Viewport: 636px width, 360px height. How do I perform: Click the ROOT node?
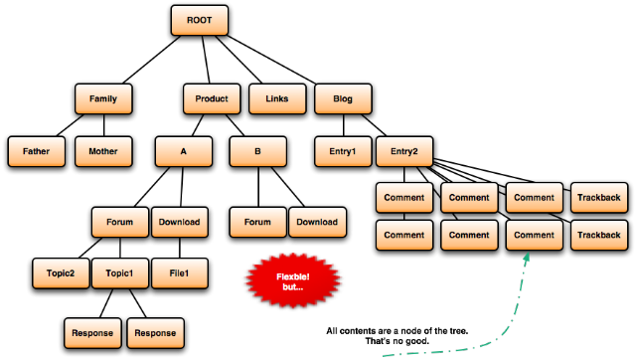coord(199,20)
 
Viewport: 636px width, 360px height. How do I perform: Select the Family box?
coord(103,98)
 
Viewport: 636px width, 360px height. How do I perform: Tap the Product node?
coord(212,98)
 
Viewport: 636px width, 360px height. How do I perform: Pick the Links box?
coord(277,98)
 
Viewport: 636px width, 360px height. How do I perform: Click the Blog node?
coord(343,98)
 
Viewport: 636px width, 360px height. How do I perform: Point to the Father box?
coord(37,151)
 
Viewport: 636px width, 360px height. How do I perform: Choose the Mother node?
coord(103,151)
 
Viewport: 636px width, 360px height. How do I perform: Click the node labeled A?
coord(183,151)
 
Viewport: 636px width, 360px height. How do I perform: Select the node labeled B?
coord(258,151)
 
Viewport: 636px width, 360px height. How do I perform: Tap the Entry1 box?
coord(343,151)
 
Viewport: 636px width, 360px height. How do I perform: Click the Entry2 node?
coord(404,151)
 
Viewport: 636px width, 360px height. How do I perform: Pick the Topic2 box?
coord(61,273)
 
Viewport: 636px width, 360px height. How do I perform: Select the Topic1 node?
coord(120,273)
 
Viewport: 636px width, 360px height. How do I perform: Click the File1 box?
coord(180,273)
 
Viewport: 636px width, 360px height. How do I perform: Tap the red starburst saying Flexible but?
coord(293,280)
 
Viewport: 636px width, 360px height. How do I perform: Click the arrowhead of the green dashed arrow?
coord(527,257)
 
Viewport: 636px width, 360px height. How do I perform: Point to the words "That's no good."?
coord(397,341)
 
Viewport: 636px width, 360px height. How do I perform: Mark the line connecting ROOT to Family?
coord(152,60)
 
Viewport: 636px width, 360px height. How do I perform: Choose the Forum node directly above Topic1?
coord(120,222)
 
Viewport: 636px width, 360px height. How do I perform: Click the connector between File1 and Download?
coord(180,248)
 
